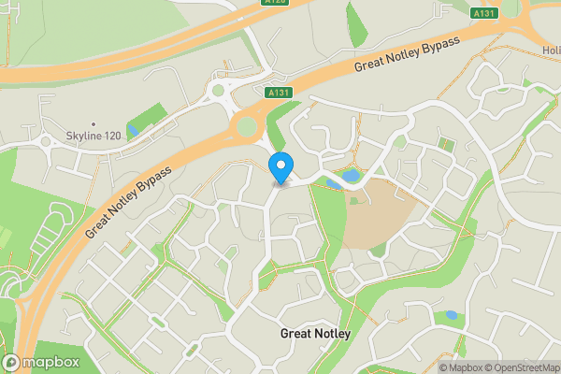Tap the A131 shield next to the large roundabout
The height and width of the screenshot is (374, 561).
[x=277, y=93]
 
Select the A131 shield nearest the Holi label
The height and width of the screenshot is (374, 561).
[x=483, y=13]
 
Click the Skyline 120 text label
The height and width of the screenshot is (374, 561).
[x=93, y=137]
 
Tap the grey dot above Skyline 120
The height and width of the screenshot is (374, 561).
[x=93, y=123]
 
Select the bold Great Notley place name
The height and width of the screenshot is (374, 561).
[x=316, y=333]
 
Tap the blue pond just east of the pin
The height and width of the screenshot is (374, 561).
[x=350, y=175]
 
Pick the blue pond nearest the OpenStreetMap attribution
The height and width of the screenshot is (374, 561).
[x=452, y=315]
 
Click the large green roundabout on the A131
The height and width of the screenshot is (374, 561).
[x=246, y=126]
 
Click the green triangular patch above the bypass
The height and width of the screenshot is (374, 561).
[x=356, y=22]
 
